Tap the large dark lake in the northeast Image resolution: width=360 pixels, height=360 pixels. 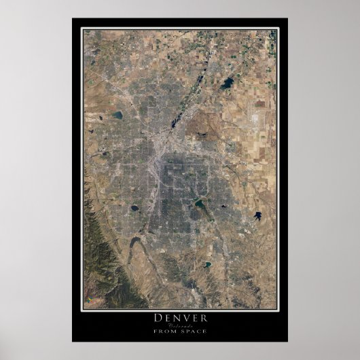tap(226, 85)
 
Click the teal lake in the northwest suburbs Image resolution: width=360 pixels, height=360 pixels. tap(118, 115)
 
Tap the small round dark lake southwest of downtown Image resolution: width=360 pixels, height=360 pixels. tap(134, 207)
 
